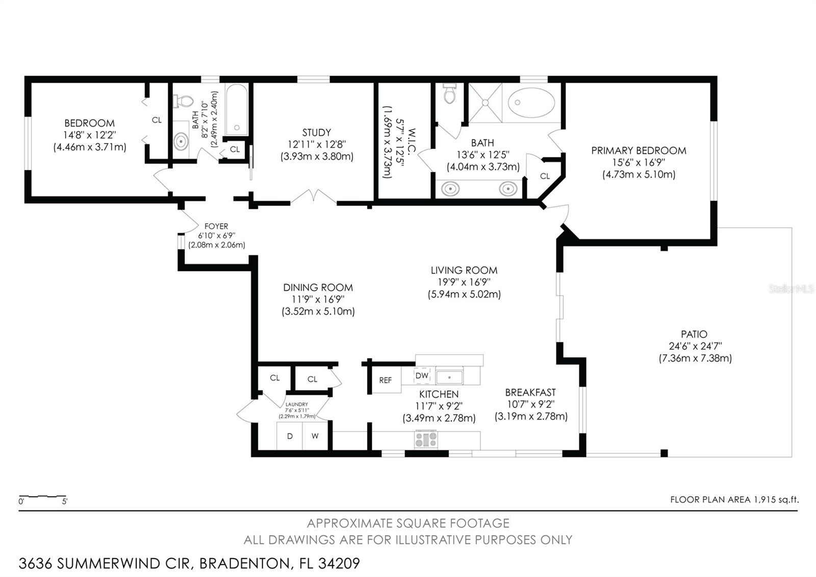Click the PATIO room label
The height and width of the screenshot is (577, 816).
click(694, 334)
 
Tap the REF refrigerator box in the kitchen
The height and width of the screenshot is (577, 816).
click(386, 380)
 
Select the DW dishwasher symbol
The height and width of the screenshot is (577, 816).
click(422, 375)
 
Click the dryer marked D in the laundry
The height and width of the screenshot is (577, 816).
click(290, 436)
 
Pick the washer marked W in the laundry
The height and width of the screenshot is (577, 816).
click(316, 436)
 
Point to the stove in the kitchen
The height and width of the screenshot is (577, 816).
click(426, 440)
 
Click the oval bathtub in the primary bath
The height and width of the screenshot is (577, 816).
click(531, 103)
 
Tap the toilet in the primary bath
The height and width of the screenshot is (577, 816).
click(450, 92)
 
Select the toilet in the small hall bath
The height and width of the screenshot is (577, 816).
click(183, 101)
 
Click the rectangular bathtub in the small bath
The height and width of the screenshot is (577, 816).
click(237, 110)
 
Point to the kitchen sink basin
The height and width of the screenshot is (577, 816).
click(449, 377)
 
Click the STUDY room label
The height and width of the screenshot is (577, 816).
click(317, 132)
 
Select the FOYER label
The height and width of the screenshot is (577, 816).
click(216, 226)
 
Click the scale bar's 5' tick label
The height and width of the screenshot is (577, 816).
click(64, 501)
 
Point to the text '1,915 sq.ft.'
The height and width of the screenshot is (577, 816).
click(776, 500)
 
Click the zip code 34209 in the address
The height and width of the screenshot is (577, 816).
click(339, 564)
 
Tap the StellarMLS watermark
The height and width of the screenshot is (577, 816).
click(791, 289)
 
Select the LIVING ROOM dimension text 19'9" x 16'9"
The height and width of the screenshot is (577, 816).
click(464, 282)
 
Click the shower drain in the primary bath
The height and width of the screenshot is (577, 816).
click(485, 103)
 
